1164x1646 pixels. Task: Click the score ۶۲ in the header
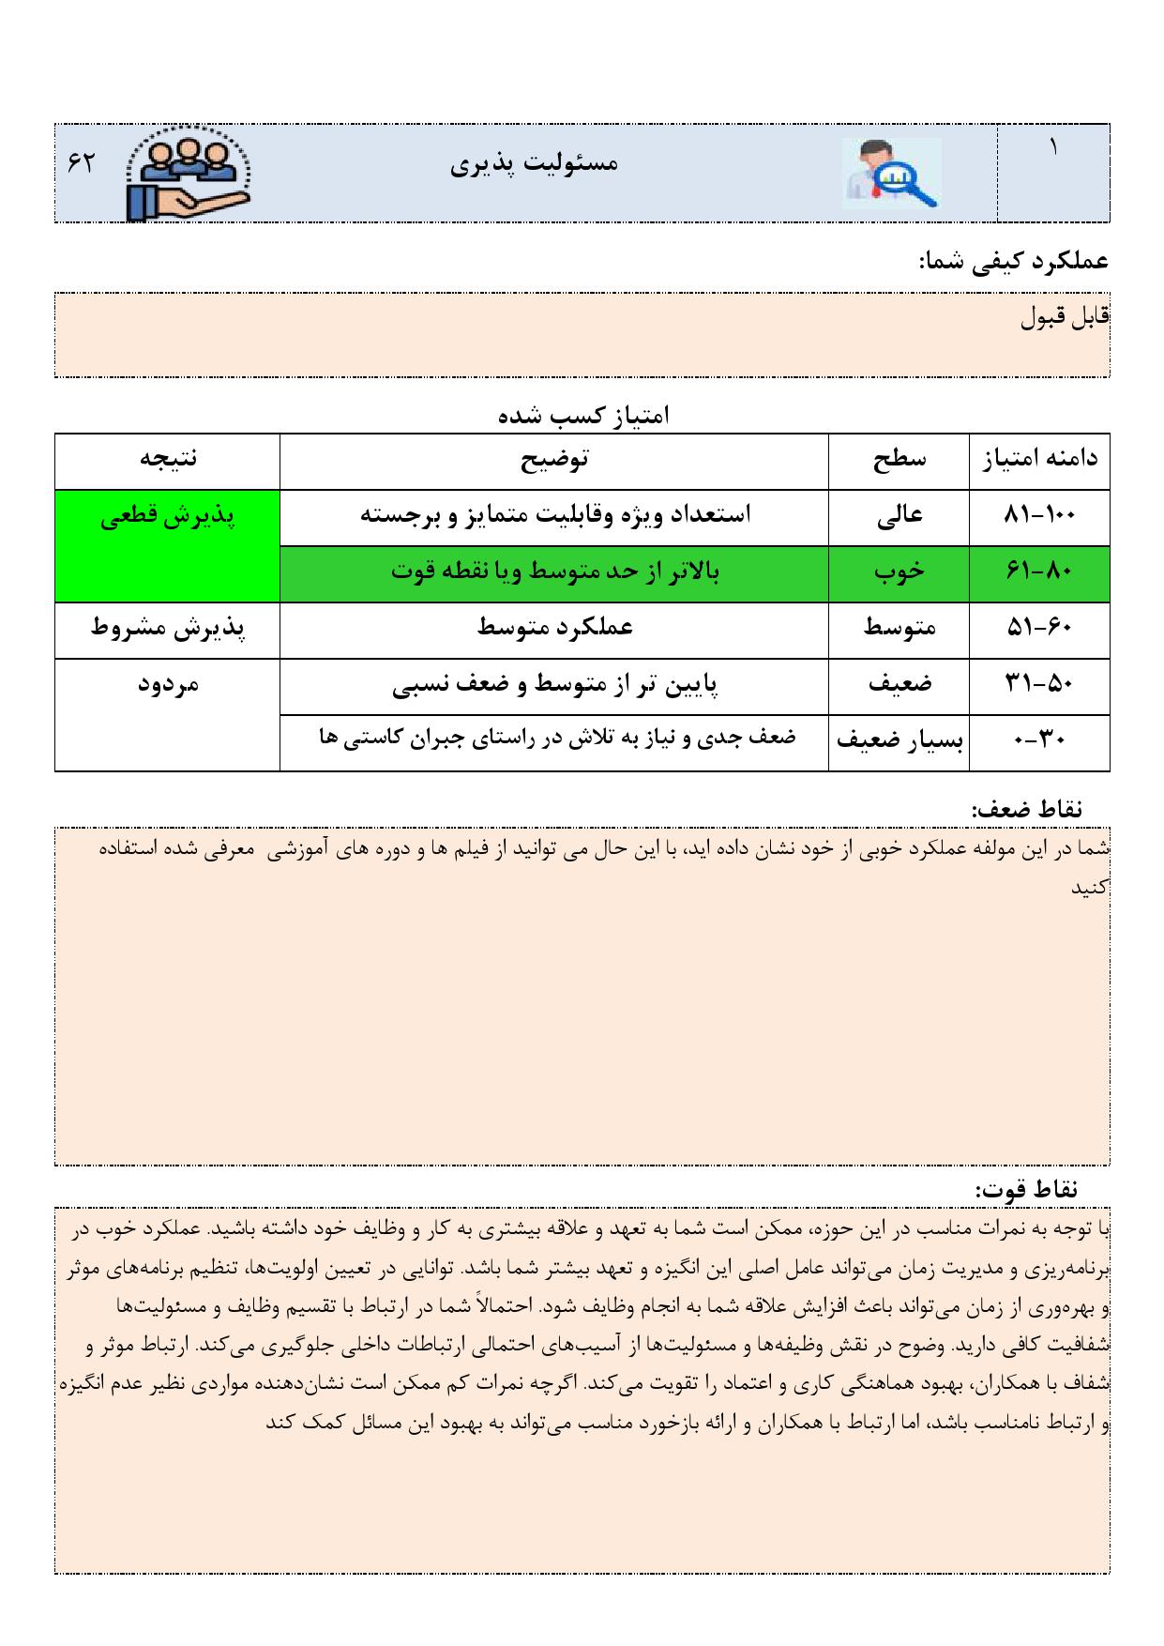82,162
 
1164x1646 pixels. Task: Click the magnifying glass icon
890,173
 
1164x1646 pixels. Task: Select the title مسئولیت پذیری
535,164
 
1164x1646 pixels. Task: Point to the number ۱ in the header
1052,147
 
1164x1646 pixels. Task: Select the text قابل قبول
1064,317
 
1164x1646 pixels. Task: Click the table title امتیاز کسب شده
582,415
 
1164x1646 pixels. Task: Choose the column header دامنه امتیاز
1039,459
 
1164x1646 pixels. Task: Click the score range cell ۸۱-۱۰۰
1039,515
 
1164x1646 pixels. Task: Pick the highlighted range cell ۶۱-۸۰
1039,572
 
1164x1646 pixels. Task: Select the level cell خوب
899,572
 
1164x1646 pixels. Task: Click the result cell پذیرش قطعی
168,517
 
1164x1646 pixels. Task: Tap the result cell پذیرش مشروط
168,628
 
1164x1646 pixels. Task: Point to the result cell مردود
168,684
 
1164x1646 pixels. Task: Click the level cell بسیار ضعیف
899,740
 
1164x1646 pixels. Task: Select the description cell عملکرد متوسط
554,628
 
